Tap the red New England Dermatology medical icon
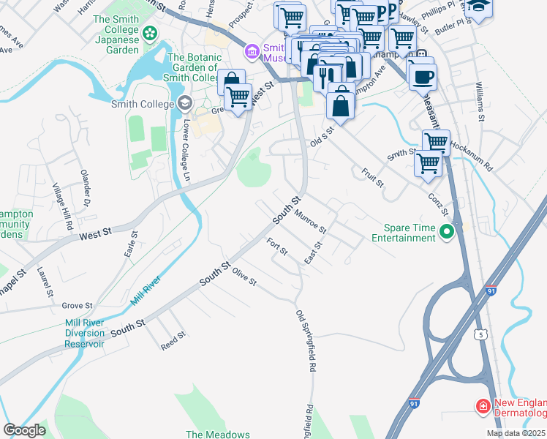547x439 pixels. (x=483, y=405)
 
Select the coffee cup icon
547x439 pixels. (x=422, y=75)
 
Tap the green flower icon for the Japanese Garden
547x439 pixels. (x=150, y=33)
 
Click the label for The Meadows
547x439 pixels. (x=218, y=434)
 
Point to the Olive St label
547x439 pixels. (x=244, y=277)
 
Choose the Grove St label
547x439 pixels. (x=77, y=305)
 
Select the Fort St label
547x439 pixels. (x=277, y=247)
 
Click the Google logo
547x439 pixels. (x=24, y=430)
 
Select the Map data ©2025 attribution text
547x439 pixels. (x=516, y=433)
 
